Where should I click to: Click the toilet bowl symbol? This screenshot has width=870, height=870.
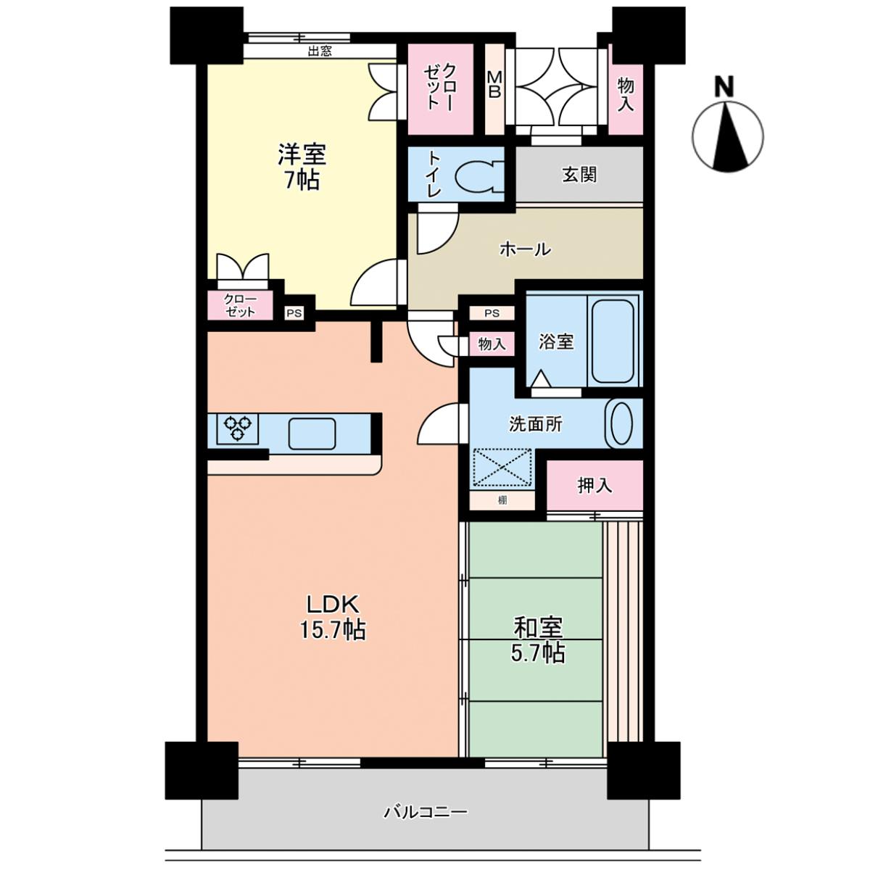(479, 175)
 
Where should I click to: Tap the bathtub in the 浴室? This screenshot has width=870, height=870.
(613, 341)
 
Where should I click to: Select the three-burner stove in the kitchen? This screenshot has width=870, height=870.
(238, 428)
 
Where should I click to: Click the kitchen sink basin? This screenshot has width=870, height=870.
(312, 434)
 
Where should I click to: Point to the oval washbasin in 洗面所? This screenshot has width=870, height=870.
(621, 424)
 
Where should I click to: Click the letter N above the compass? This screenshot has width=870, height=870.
(724, 87)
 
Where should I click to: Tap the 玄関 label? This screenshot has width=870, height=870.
(579, 174)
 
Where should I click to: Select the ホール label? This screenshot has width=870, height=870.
(525, 249)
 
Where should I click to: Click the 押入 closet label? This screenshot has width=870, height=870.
(594, 485)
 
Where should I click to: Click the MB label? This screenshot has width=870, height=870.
(494, 86)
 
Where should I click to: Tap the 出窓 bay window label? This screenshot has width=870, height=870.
(320, 51)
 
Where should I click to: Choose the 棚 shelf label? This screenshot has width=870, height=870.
(502, 500)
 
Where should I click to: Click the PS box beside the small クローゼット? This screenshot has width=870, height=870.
(294, 313)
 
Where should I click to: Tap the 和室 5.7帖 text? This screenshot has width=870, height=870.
(538, 639)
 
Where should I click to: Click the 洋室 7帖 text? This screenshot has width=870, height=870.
(302, 167)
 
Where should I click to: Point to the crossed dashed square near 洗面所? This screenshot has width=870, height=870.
(502, 468)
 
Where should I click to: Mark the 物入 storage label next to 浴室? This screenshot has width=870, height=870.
(492, 345)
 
